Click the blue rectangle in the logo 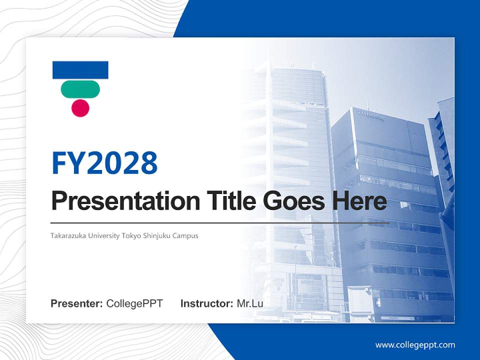[80, 70]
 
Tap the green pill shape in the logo [80, 89]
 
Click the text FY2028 [104, 162]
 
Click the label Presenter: [77, 303]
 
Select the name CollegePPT [134, 303]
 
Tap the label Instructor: [206, 303]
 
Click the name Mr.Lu [250, 303]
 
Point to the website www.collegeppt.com [415, 344]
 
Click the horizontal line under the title [220, 222]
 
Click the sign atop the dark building [370, 116]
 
